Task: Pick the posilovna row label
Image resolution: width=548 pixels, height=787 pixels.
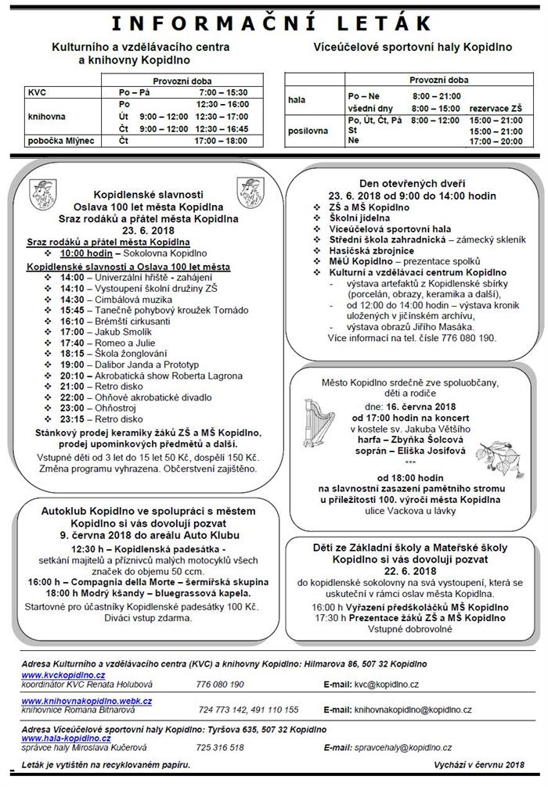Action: pos(308,131)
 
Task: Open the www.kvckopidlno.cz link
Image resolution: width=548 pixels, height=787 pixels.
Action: pos(63,674)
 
